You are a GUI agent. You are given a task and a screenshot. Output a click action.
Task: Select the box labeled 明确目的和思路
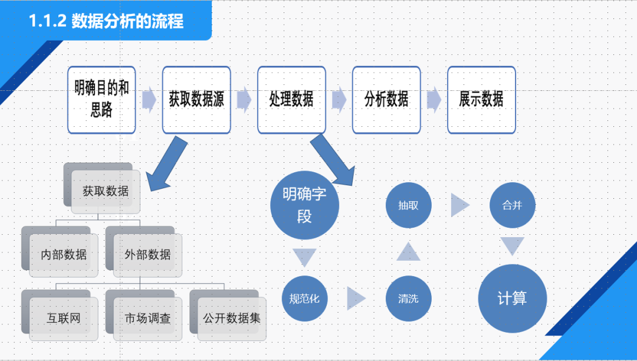pos(101,100)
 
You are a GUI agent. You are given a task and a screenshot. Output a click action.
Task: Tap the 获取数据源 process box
pos(196,100)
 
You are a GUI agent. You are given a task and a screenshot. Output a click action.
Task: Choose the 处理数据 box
pos(291,100)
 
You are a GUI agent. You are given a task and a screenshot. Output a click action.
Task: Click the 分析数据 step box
pos(386,100)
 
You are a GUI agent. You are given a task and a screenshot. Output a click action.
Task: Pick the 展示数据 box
pos(481,100)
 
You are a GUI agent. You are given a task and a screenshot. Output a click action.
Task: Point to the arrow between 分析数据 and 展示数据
pos(434,100)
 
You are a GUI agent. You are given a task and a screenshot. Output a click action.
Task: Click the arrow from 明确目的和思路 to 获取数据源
pos(149,100)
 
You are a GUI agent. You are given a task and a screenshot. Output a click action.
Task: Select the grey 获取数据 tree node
pos(105,192)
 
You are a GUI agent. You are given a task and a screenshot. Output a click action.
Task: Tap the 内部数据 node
pos(64,255)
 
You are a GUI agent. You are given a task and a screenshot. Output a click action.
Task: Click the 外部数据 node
pos(147,255)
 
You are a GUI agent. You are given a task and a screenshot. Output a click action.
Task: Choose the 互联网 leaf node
pos(64,319)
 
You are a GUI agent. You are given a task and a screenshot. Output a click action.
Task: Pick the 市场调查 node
pos(147,319)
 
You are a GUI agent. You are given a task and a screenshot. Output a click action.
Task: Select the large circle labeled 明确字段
pos(304,205)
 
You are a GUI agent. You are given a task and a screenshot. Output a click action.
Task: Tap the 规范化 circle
pos(304,298)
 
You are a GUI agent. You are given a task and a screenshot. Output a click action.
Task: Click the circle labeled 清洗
pos(408,298)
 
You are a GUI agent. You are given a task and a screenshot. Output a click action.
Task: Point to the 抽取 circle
pos(408,205)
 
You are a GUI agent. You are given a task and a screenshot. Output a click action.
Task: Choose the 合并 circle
pos(512,205)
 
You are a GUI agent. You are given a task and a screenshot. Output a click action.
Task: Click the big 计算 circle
pos(512,298)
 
